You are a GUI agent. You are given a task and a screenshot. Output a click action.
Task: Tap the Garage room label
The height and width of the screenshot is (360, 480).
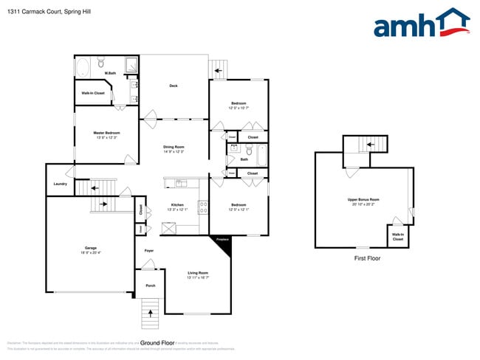click(x=90, y=249)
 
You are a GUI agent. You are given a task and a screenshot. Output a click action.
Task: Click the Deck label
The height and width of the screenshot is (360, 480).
click(x=174, y=86)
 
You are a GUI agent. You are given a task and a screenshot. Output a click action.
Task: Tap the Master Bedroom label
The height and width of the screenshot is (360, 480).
click(x=106, y=134)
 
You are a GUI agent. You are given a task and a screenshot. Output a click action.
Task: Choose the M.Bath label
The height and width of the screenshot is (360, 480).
click(x=111, y=73)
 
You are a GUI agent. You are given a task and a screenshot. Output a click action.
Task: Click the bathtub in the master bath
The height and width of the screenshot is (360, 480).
click(x=82, y=68)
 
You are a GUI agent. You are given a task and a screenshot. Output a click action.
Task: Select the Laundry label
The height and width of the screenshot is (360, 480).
click(x=61, y=184)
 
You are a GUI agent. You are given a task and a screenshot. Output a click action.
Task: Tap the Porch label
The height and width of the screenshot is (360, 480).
click(x=149, y=285)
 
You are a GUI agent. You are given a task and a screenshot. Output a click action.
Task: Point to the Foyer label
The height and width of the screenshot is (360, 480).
click(x=148, y=252)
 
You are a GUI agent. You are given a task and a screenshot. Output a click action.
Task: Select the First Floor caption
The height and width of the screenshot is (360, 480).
click(x=367, y=258)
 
